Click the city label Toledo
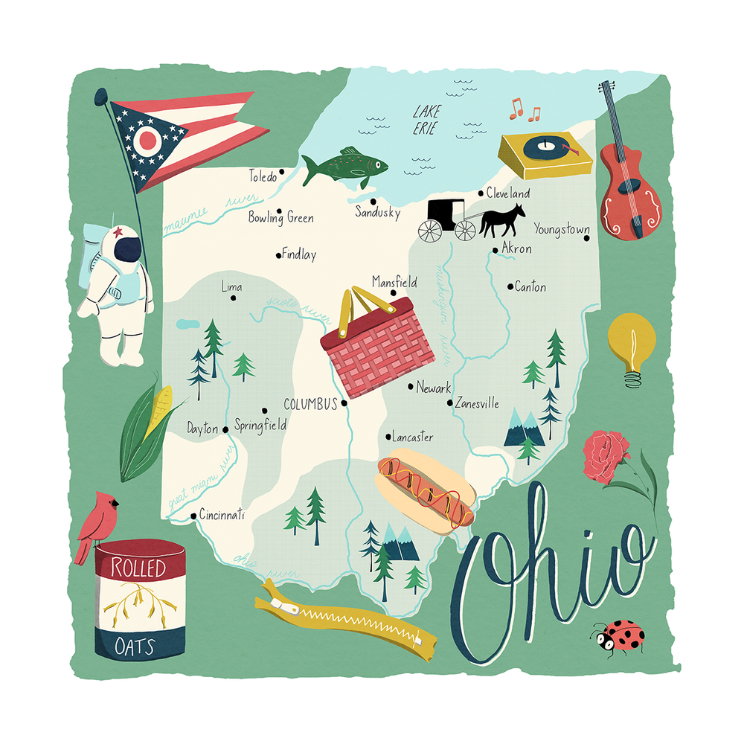(262, 177)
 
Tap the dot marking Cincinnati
(193, 515)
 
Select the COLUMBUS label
(311, 404)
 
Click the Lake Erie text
(426, 119)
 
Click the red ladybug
(619, 636)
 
